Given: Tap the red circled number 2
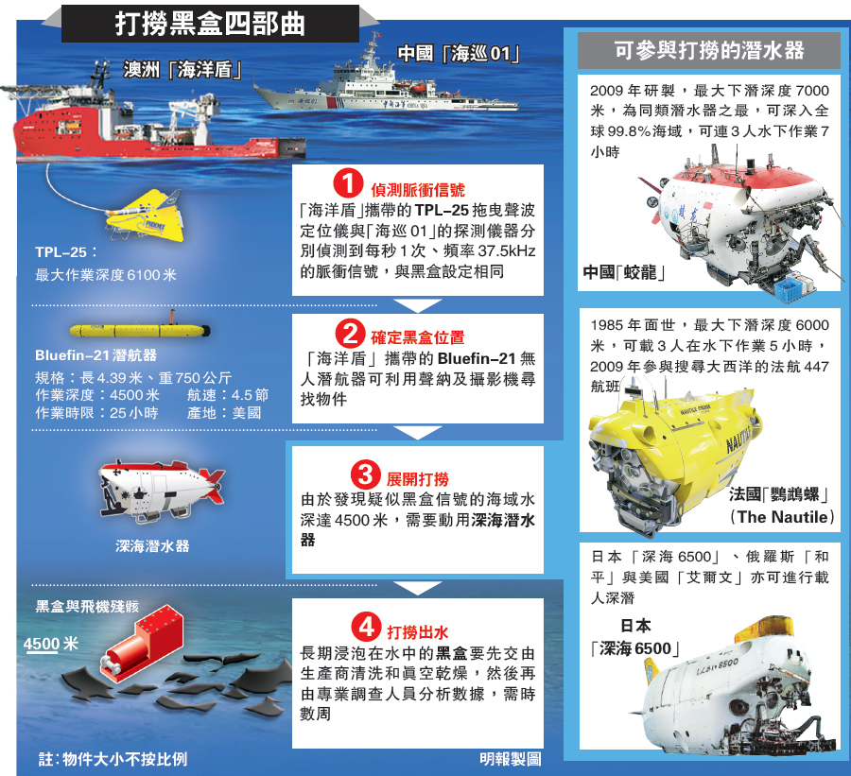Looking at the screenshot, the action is click(x=350, y=333).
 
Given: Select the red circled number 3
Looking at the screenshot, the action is click(x=365, y=474).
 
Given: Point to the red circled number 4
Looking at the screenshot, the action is click(x=366, y=627).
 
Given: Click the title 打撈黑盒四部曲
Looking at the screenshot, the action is click(x=210, y=25).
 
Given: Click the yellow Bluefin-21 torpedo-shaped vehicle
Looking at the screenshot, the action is click(x=140, y=329).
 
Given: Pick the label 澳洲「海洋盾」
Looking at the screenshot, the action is click(x=182, y=69).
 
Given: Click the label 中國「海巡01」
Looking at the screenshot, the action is click(x=459, y=53).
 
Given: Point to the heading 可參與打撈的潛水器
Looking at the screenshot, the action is click(x=709, y=50).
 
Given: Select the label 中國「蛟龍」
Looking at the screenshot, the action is click(x=624, y=272).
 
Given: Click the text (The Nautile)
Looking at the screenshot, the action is click(x=782, y=517).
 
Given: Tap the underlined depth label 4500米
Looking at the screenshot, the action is click(x=50, y=644).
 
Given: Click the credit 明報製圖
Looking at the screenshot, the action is click(x=511, y=759).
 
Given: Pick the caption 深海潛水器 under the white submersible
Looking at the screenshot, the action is click(x=152, y=545).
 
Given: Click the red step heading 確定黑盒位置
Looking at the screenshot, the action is click(x=417, y=337).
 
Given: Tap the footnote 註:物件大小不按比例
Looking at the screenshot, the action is click(x=113, y=759).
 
